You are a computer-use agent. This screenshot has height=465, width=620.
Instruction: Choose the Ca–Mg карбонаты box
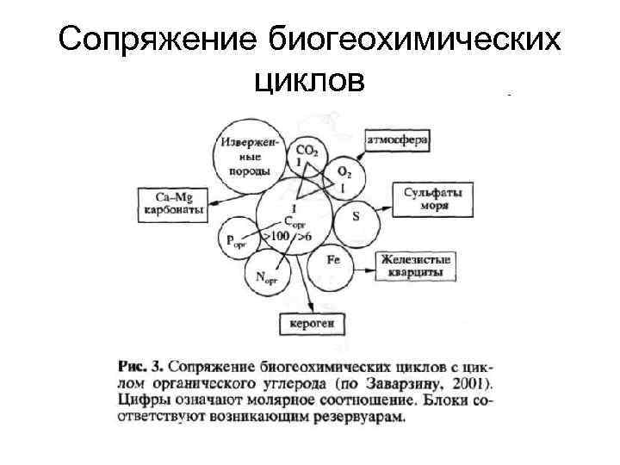point(170,204)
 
